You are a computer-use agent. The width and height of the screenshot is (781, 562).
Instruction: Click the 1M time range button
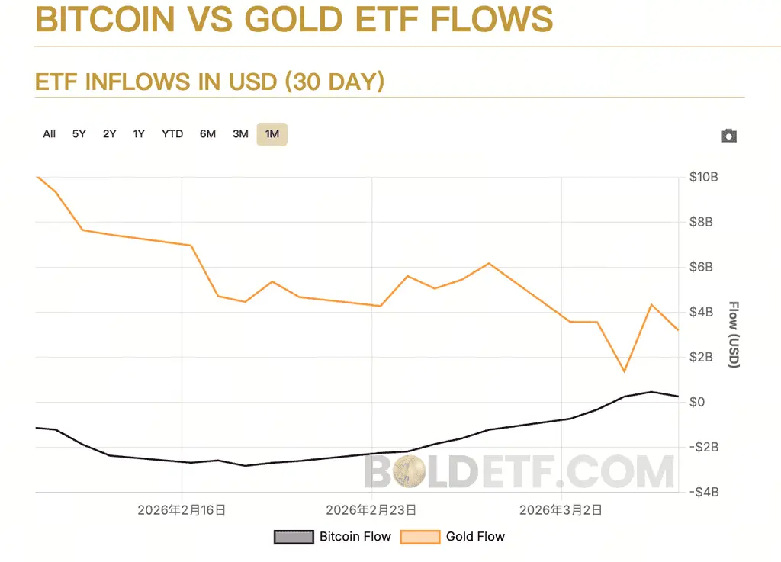click(272, 134)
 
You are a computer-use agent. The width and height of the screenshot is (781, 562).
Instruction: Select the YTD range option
click(172, 134)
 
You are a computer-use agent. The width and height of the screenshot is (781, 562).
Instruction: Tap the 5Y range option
click(79, 134)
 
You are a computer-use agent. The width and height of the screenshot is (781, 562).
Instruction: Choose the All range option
click(50, 134)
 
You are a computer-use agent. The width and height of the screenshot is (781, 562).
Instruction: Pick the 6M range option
click(207, 134)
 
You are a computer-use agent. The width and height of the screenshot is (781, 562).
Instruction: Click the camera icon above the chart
click(728, 136)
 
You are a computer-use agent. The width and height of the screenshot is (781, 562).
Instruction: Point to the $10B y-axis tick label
click(703, 177)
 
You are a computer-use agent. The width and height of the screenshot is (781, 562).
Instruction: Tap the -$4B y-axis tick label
click(703, 492)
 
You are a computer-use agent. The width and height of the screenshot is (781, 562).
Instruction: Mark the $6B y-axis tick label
click(701, 267)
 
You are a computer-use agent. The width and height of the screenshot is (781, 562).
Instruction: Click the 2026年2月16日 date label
click(182, 510)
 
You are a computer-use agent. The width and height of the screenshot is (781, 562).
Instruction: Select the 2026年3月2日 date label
click(561, 510)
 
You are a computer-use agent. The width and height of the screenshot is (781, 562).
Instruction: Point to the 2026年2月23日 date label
click(371, 510)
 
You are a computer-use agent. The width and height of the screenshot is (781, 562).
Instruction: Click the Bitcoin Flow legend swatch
click(294, 537)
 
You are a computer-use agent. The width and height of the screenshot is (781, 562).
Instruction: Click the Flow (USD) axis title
click(734, 335)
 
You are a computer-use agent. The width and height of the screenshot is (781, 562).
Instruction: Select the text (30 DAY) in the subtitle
click(334, 82)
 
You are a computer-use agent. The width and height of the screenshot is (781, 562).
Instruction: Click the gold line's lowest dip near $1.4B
click(625, 371)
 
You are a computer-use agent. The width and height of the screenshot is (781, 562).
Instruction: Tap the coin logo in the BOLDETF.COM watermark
click(414, 473)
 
